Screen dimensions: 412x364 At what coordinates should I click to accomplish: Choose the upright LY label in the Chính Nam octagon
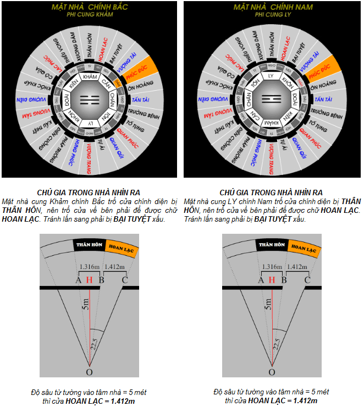(271, 76)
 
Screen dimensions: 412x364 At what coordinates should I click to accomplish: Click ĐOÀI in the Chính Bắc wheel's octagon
(67, 98)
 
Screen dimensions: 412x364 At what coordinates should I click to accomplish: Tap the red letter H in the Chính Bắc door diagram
(90, 280)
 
